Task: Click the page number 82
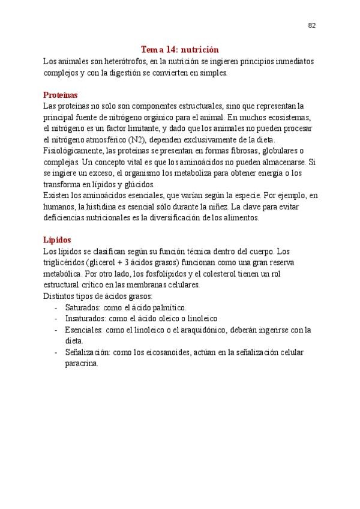pos(312,25)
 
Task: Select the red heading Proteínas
pos(61,95)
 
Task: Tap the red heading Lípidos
pos(57,239)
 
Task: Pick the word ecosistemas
pos(286,117)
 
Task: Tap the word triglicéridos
pos(64,262)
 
